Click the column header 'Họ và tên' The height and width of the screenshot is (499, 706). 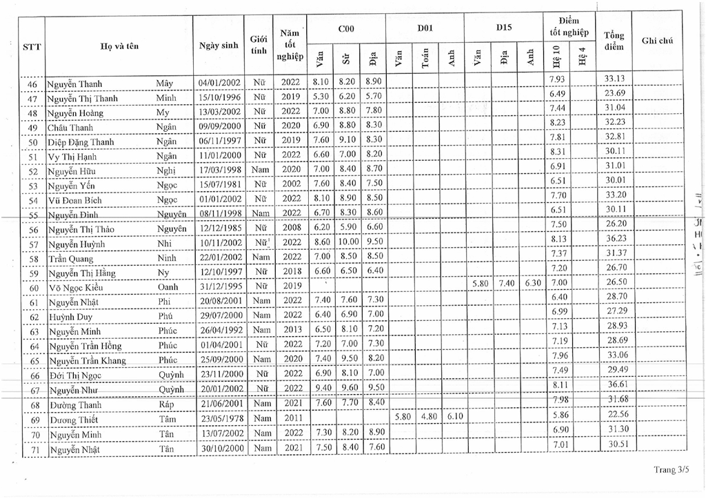click(x=118, y=46)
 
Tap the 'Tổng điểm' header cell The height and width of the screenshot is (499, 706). click(x=614, y=41)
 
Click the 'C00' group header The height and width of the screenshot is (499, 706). click(x=346, y=28)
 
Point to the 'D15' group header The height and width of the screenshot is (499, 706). click(x=503, y=28)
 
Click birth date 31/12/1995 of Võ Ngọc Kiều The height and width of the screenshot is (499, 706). click(x=216, y=286)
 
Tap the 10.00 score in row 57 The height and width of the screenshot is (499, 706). click(x=347, y=243)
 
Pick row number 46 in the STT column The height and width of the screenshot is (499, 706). click(x=32, y=84)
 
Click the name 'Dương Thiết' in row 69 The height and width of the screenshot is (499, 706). click(x=74, y=420)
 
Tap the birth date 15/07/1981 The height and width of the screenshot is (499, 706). click(x=216, y=185)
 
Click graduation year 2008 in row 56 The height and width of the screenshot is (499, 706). click(x=291, y=228)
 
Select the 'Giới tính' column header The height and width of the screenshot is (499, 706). click(x=259, y=45)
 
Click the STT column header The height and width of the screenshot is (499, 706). click(x=32, y=46)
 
